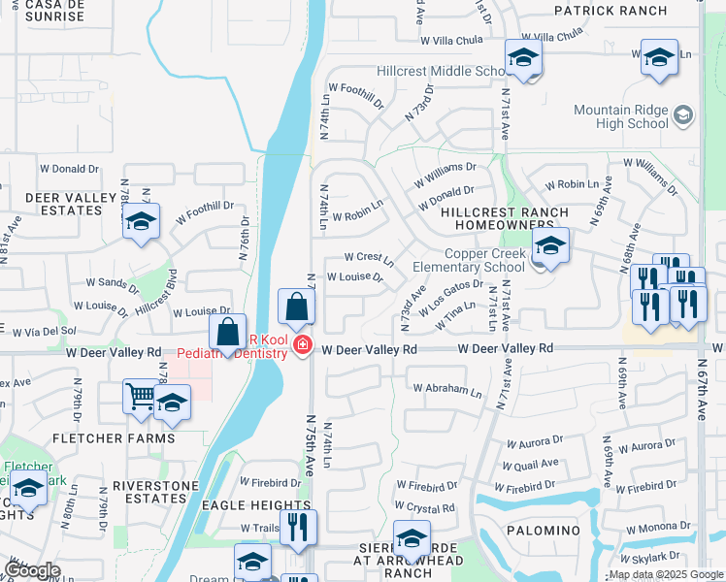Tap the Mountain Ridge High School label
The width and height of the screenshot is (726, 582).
pyautogui.click(x=621, y=116)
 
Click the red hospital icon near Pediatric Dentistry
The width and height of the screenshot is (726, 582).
pyautogui.click(x=303, y=344)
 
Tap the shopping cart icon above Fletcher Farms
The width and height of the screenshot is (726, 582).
pyautogui.click(x=141, y=396)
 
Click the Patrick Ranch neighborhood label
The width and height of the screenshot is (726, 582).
pyautogui.click(x=610, y=11)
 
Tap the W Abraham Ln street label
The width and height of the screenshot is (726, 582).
pyautogui.click(x=446, y=390)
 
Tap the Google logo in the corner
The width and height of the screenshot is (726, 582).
pyautogui.click(x=32, y=570)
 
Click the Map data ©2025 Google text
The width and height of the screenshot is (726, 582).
pyautogui.click(x=666, y=574)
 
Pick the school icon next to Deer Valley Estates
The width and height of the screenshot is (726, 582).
pyautogui.click(x=141, y=223)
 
